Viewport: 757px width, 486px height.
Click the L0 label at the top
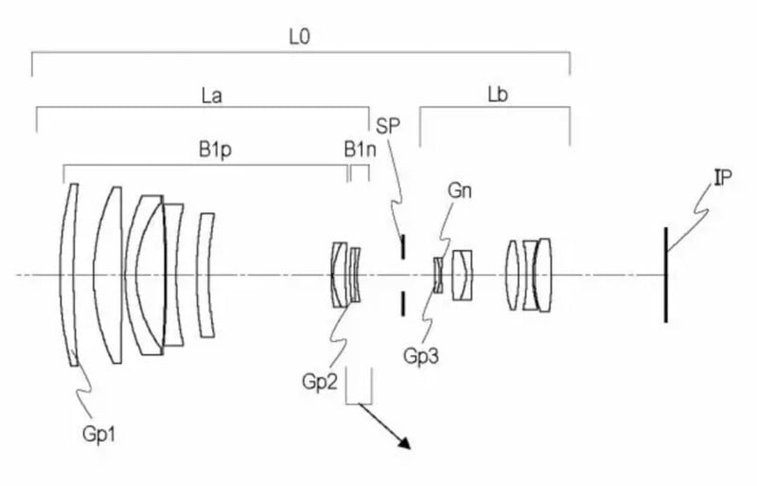pos(299,37)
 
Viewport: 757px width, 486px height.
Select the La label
pos(211,96)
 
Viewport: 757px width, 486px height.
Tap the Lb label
pos(495,96)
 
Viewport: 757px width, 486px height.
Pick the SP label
pos(388,126)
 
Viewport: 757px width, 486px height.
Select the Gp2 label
pos(319,381)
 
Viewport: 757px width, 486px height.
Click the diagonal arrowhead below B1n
pos(404,442)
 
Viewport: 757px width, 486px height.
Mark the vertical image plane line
pos(665,275)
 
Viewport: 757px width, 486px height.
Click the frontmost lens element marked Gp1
pos(68,275)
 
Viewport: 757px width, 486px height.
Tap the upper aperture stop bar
pos(402,246)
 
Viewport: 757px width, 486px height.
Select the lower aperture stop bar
pos(402,303)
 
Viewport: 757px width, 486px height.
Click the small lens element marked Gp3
pos(438,275)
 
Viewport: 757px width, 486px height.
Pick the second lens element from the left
pos(113,275)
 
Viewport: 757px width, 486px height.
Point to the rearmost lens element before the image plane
pos(544,275)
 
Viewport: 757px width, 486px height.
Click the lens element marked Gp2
pos(338,275)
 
